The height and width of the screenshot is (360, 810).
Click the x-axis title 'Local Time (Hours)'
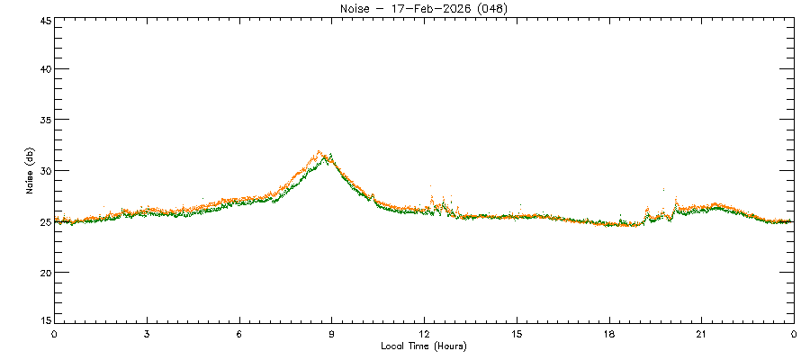tap(424, 346)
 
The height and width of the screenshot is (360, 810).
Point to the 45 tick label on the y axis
tap(43, 19)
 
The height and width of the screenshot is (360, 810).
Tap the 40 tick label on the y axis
tap(43, 69)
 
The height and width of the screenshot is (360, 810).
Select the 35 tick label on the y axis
tap(43, 120)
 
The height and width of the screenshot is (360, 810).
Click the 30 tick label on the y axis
tap(43, 171)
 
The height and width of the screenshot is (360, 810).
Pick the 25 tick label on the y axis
tap(43, 221)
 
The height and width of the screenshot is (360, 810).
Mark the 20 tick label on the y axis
tap(43, 272)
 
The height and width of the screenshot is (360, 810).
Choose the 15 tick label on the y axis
tap(43, 319)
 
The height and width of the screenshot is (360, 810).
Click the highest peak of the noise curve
tap(319, 152)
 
